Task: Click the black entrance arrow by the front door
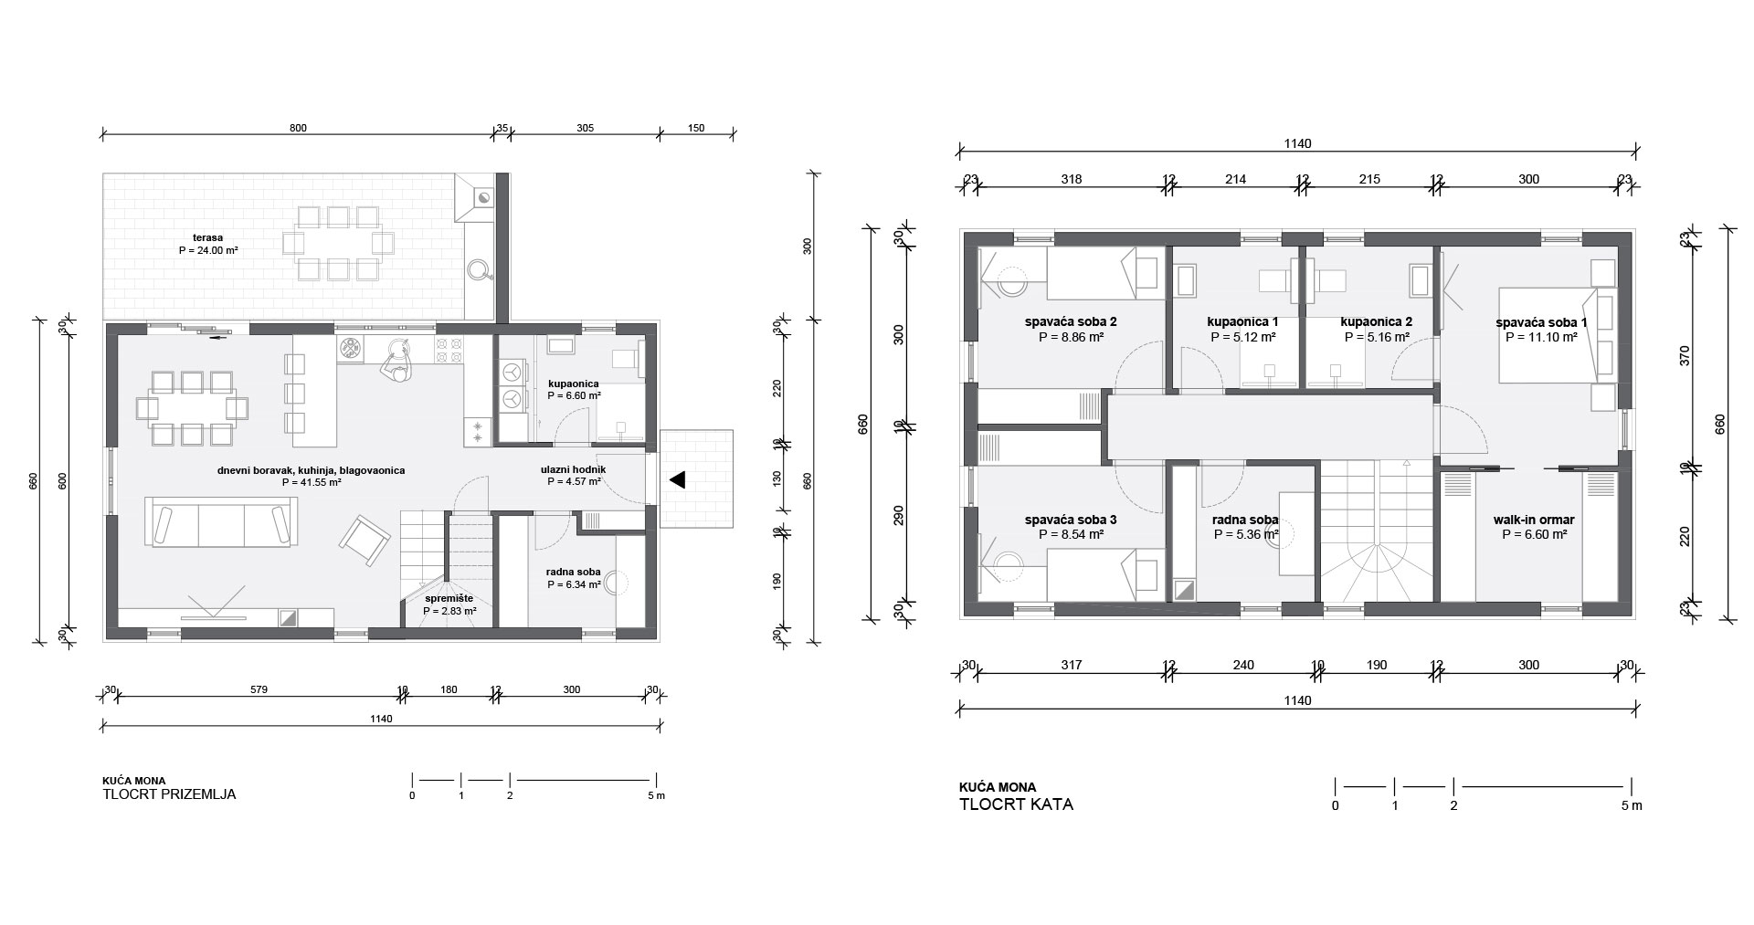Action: [678, 479]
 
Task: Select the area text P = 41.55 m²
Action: [312, 482]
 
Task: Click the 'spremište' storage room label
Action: [449, 598]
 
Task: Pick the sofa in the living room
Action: [220, 522]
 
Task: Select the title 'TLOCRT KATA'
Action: [1016, 804]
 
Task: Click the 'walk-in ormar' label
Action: [1534, 520]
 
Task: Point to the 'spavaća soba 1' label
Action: [1541, 322]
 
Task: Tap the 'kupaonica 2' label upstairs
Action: [1377, 321]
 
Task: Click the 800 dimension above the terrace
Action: [298, 128]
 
